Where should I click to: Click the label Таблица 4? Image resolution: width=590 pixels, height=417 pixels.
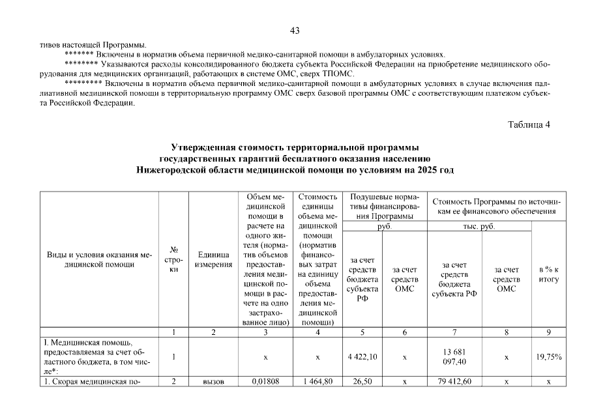coord(529,125)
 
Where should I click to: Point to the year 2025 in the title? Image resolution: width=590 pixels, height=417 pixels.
coord(426,169)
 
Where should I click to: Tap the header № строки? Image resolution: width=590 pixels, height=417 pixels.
coord(174,260)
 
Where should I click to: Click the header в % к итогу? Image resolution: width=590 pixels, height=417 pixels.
coord(549,274)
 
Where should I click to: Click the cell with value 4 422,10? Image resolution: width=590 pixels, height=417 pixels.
coord(363,356)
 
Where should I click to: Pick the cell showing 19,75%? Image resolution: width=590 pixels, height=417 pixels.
coord(549,356)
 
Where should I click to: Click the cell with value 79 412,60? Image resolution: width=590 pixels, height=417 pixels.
coord(454,382)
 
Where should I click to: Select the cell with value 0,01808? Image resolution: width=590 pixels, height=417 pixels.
coord(265,382)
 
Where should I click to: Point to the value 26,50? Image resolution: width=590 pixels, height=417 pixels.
coord(363,382)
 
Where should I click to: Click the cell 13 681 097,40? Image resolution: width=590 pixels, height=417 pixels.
coord(454,356)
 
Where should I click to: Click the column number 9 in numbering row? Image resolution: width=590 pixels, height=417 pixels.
coord(549,332)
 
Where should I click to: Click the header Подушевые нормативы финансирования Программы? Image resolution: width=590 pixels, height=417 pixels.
coord(384,207)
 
